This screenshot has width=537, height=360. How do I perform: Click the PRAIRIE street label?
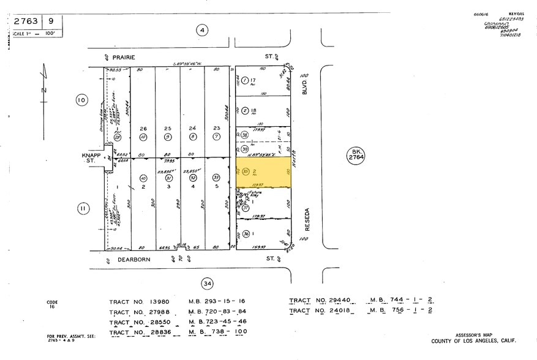point(123,56)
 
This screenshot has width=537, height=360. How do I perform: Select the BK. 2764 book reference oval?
point(356,155)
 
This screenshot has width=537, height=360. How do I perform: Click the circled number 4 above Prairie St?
point(203,30)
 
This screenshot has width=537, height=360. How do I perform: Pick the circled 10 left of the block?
point(81,100)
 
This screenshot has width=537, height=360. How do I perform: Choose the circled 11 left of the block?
point(82,209)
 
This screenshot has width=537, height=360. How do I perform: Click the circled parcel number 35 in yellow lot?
point(245,171)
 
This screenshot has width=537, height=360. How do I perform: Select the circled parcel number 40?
point(143,178)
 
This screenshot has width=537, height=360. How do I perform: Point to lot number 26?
point(143,129)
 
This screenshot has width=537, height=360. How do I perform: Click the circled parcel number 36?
point(246,233)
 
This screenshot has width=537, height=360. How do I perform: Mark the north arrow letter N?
point(43,91)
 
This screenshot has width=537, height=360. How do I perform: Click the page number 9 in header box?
point(52,21)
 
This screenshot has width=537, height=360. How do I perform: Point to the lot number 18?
point(252,111)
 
